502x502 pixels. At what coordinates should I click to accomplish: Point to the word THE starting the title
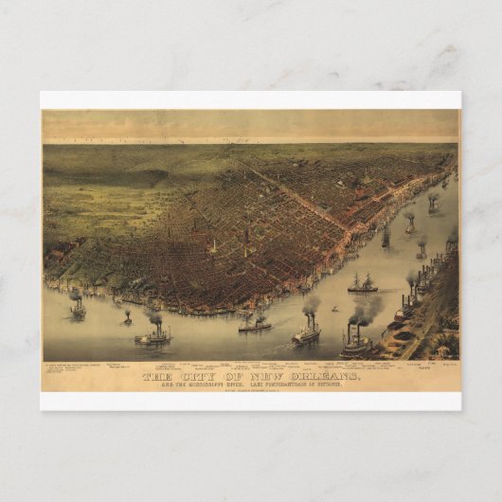point(158,377)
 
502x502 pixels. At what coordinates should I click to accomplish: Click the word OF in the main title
point(233,377)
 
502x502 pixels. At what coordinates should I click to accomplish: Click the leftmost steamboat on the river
point(76,307)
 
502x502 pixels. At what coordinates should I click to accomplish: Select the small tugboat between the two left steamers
point(127,319)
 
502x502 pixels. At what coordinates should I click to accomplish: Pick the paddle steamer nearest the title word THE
point(155,334)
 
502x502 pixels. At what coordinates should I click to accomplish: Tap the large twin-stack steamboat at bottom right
point(357,345)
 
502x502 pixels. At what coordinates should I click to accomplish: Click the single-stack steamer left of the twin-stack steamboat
point(306,332)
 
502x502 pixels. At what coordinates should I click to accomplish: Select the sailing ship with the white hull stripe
point(363,284)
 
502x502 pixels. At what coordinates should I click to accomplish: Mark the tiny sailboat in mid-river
point(333,308)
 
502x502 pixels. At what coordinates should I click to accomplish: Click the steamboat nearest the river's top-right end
point(432,203)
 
